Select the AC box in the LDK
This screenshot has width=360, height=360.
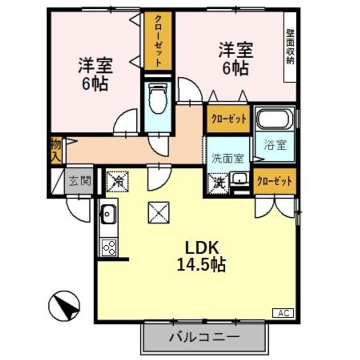coord(283,313)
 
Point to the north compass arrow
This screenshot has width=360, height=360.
coord(64,305)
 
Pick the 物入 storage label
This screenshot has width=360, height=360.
coord(56,149)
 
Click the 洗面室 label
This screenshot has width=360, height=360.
coord(227,158)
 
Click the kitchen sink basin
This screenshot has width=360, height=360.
coord(107,215)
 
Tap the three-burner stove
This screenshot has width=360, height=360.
coord(108,246)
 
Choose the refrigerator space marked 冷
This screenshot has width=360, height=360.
coord(118,181)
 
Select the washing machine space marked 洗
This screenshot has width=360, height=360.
coord(218,181)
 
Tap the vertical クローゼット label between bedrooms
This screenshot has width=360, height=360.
coord(157,41)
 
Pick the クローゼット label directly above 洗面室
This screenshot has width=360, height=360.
coord(228,119)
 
